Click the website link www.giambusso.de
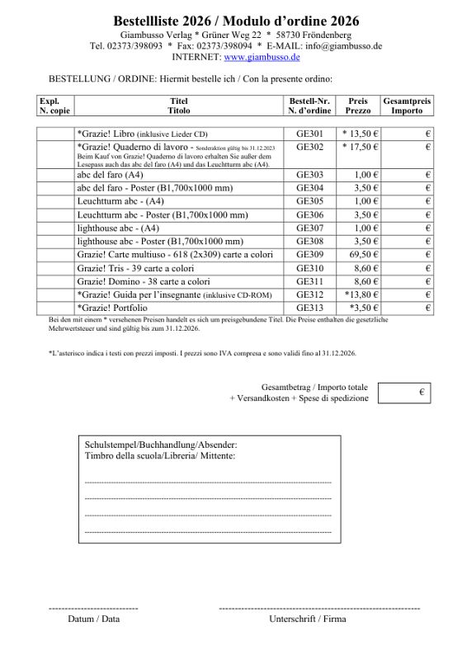262,58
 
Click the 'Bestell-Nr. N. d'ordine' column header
309,106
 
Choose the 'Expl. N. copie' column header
54,106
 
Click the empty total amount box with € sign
405,393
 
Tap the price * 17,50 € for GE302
360,147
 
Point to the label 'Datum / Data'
93,619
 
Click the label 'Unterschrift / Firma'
308,619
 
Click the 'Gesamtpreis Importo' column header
407,106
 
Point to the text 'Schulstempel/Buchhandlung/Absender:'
161,444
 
